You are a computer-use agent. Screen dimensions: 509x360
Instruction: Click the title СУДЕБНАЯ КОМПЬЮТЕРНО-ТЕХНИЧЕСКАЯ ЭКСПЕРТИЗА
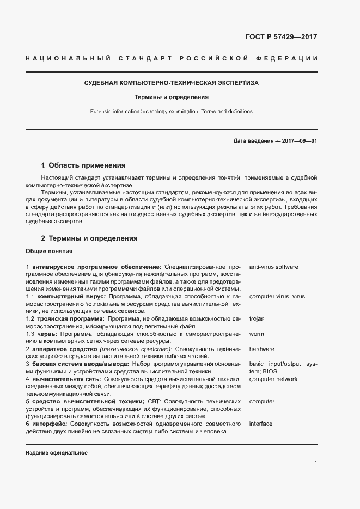click(172, 83)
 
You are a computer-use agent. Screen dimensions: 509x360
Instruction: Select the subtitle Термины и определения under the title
click(172, 97)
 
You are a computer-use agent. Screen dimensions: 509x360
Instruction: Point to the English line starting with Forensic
click(172, 112)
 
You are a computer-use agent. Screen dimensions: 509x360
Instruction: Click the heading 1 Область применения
click(83, 165)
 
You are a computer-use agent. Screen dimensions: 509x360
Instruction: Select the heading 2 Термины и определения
click(89, 238)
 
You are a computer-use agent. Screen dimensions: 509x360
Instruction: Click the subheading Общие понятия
click(46, 251)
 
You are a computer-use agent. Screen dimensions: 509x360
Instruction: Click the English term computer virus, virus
click(277, 297)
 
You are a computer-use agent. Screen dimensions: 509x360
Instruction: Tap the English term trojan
click(257, 319)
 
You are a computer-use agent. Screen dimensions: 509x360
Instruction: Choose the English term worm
click(256, 334)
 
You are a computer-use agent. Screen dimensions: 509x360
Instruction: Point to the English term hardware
click(261, 349)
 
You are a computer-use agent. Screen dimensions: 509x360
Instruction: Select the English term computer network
click(273, 379)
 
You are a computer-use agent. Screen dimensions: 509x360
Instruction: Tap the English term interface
click(261, 424)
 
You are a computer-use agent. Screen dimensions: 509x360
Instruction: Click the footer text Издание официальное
click(57, 453)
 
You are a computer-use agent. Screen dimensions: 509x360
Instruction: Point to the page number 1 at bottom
click(316, 463)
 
